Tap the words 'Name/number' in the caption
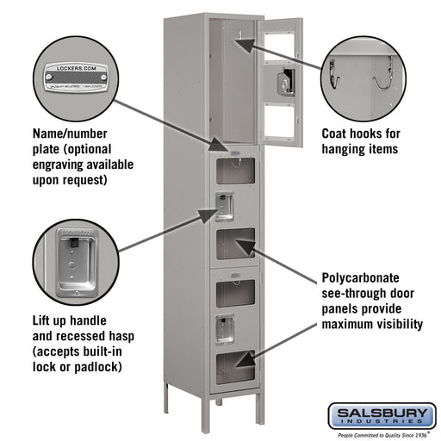coord(68,134)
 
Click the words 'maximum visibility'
coord(372,325)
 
